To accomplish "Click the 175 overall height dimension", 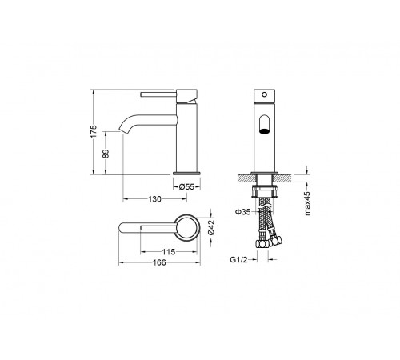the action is coord(94,131).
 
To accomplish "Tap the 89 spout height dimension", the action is coord(106,154).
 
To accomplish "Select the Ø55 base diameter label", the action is coord(186,186).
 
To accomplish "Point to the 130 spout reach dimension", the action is coord(155,199).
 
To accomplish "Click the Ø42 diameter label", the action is coord(211,227).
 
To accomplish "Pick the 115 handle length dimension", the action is coord(169,252).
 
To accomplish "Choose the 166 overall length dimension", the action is coord(159,262).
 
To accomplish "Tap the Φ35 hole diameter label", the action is coord(243,212).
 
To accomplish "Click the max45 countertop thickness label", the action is coord(307,203).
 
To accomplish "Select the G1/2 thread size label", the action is coord(238,259).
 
